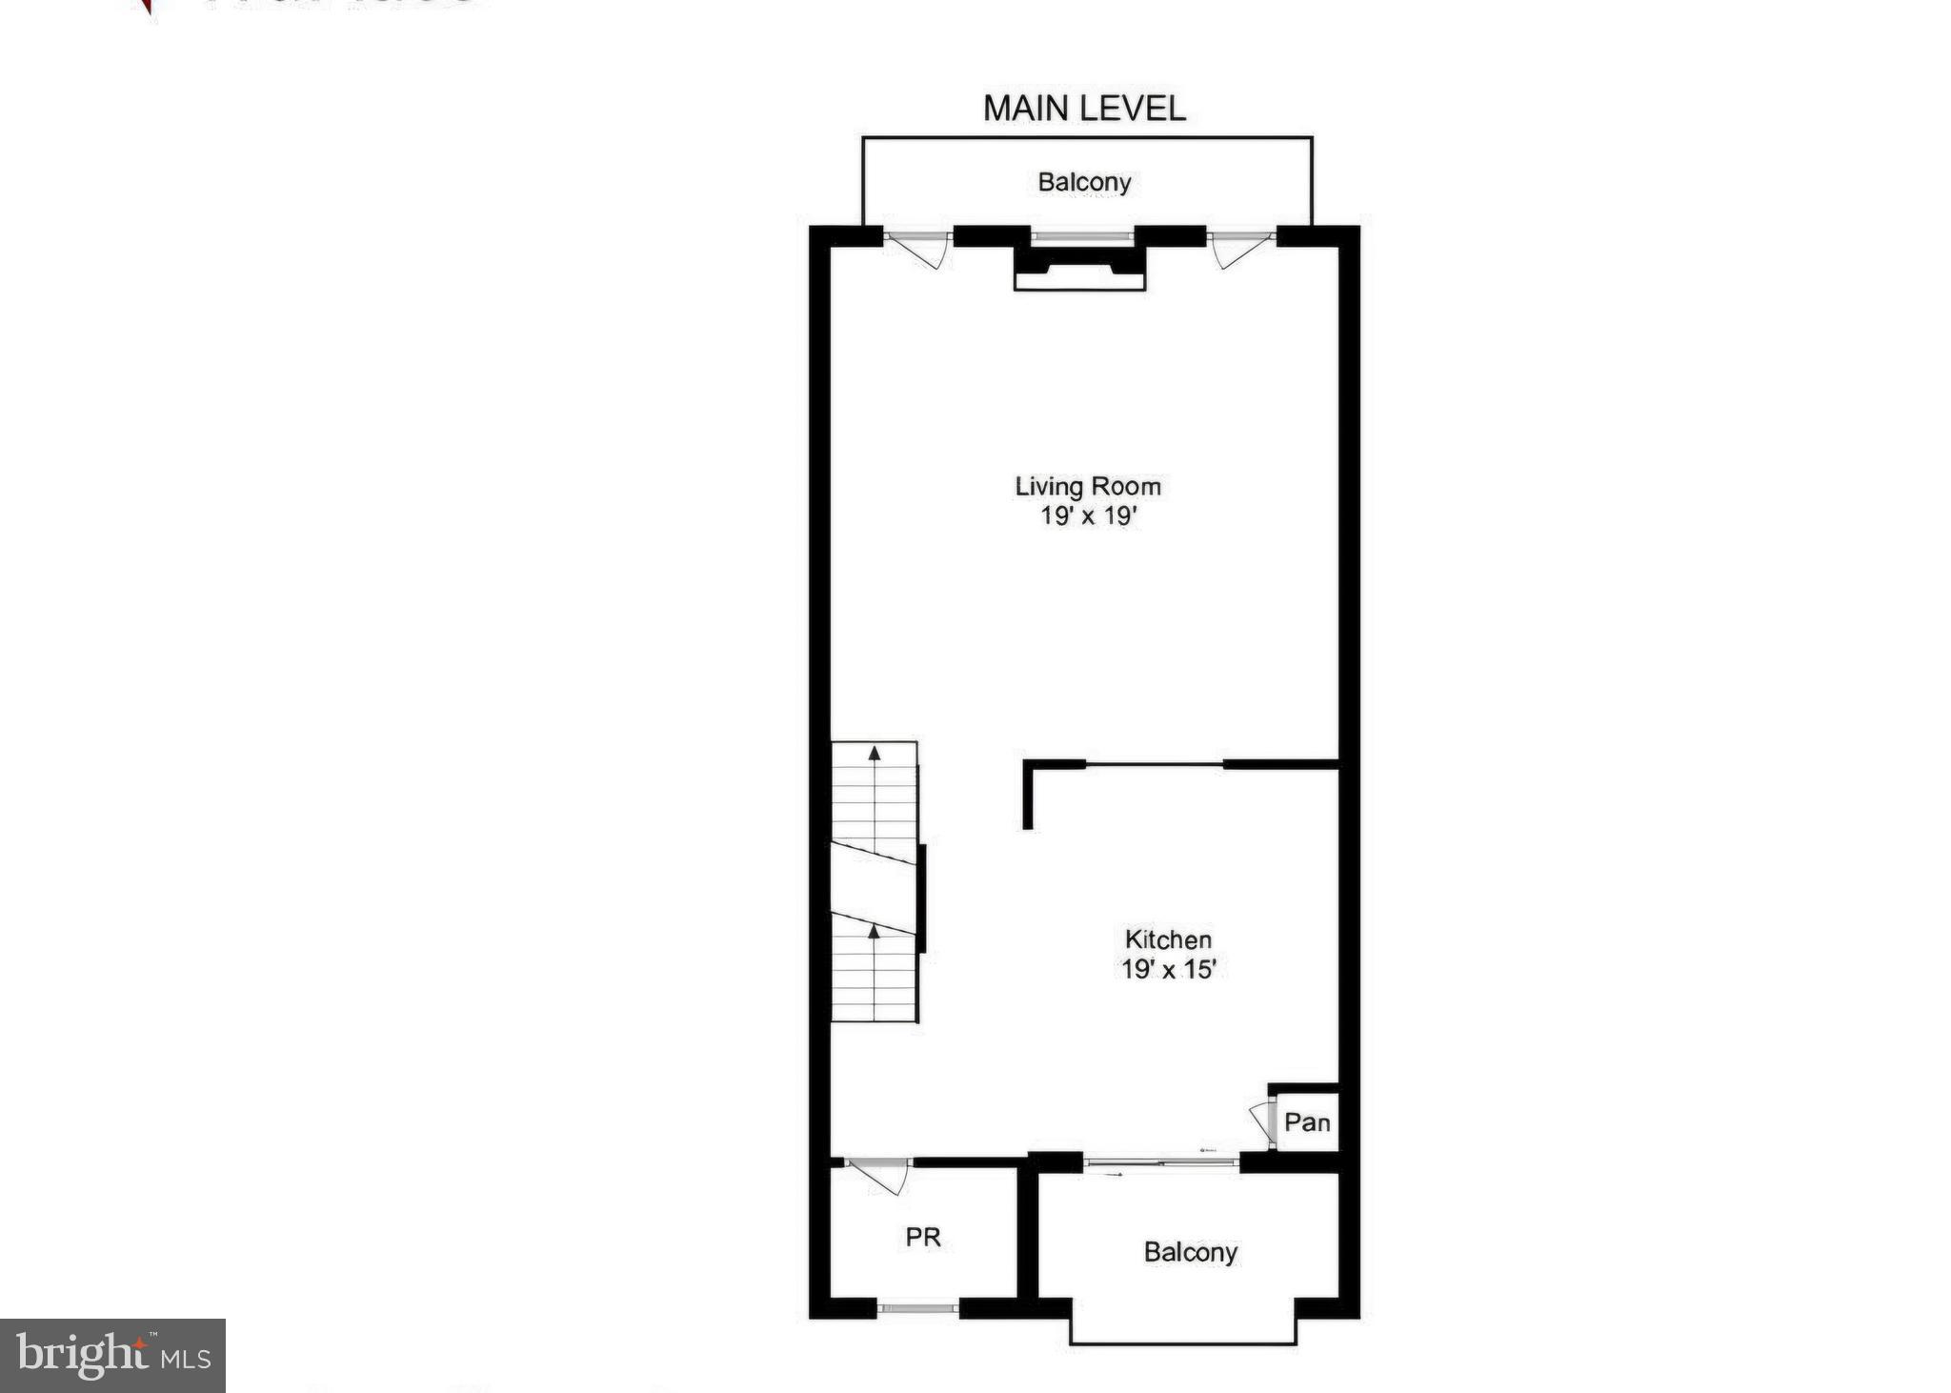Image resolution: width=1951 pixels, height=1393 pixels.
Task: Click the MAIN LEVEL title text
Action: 1084,109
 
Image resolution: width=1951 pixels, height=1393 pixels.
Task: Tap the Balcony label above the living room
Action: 1084,182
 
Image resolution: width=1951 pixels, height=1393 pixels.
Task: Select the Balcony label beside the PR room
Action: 1190,1252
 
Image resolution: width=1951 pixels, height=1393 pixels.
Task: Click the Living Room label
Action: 1088,487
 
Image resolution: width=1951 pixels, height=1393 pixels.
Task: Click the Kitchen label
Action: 1168,939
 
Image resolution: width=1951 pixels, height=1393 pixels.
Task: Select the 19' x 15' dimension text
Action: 1169,970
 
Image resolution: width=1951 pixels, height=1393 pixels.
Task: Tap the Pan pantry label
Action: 1306,1122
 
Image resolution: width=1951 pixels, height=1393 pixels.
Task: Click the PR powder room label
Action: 922,1237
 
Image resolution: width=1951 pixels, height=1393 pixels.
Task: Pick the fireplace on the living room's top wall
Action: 1079,268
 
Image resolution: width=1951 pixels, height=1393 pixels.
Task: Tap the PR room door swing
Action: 881,1176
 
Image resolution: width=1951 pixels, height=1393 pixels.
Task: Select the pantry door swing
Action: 1263,1120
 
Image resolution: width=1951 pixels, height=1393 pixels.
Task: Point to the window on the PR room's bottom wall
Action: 916,1308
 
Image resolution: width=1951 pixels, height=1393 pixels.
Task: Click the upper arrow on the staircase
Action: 875,755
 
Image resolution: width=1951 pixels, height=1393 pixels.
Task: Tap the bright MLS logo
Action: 112,1355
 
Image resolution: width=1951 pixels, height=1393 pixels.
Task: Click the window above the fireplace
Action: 1082,235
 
